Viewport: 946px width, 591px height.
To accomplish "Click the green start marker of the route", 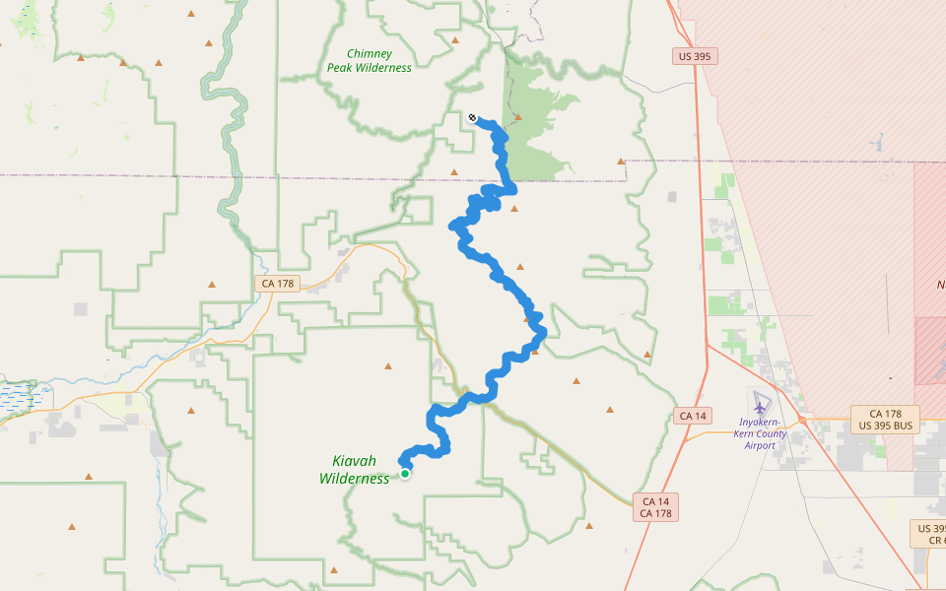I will tap(404, 474).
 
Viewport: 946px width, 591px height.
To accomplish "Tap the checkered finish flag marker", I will tap(472, 118).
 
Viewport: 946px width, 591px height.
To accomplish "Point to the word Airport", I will tap(761, 445).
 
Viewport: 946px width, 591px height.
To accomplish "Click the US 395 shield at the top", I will tap(695, 56).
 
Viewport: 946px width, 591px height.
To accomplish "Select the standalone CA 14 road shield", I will tap(694, 416).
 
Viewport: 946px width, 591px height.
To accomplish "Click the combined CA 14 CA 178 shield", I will tap(655, 507).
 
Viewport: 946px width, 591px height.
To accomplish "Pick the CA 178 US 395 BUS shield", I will tap(886, 420).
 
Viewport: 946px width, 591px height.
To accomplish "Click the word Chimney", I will tap(370, 54).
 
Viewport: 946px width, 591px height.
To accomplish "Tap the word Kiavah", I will tap(355, 461).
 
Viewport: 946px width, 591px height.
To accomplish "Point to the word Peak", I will tap(341, 68).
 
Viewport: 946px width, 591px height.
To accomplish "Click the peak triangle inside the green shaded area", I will tap(517, 116).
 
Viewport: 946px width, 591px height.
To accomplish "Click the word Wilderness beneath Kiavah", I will tap(355, 479).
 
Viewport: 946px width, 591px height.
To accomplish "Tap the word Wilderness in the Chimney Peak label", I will tap(384, 68).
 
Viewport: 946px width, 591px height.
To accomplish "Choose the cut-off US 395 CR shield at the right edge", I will tap(929, 535).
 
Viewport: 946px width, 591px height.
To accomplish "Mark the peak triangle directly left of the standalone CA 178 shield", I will tap(211, 285).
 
